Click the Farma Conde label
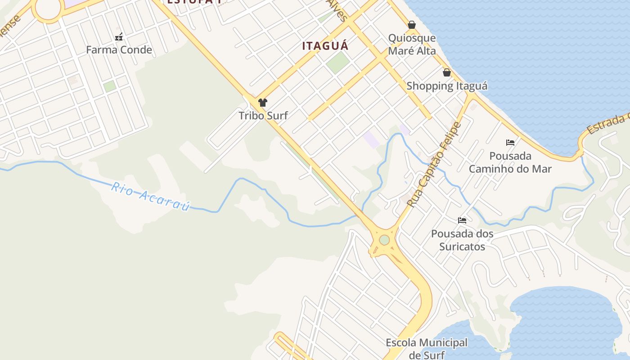(119, 49)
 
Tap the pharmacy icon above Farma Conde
(119, 36)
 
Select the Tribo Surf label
(263, 115)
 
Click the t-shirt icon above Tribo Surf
(263, 103)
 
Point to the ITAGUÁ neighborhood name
(325, 46)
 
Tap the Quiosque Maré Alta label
(412, 44)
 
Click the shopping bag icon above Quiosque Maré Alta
(412, 25)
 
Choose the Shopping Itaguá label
(447, 85)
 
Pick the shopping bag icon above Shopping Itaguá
(447, 72)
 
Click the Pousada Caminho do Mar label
(510, 162)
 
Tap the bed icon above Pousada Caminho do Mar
(510, 143)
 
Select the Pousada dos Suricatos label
(462, 240)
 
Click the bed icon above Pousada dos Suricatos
(462, 220)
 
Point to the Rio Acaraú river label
(150, 196)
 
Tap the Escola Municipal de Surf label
(426, 349)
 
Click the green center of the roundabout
(384, 240)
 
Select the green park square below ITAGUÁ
(338, 63)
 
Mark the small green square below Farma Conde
(109, 86)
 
